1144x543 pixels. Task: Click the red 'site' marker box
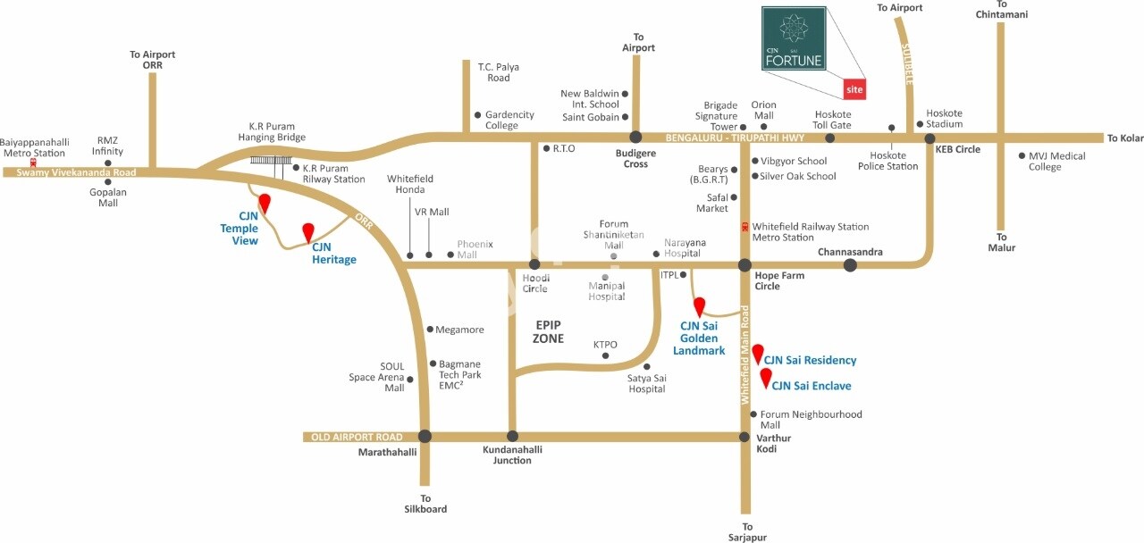855,88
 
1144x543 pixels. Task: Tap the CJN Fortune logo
793,39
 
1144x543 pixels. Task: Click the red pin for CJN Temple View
264,203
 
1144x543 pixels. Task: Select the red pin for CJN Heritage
308,232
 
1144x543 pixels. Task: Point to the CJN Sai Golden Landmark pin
700,306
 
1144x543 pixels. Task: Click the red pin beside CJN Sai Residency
757,353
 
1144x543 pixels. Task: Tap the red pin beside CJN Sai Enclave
765,377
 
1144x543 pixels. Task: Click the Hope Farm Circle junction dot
744,264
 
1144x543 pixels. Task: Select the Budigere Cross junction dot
635,138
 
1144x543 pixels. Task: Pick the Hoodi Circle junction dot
534,264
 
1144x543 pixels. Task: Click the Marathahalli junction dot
425,437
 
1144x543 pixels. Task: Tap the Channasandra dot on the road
850,264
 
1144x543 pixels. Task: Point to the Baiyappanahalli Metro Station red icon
33,163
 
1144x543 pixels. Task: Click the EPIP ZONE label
549,331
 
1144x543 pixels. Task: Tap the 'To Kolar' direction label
1124,138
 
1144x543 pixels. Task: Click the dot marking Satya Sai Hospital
646,366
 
